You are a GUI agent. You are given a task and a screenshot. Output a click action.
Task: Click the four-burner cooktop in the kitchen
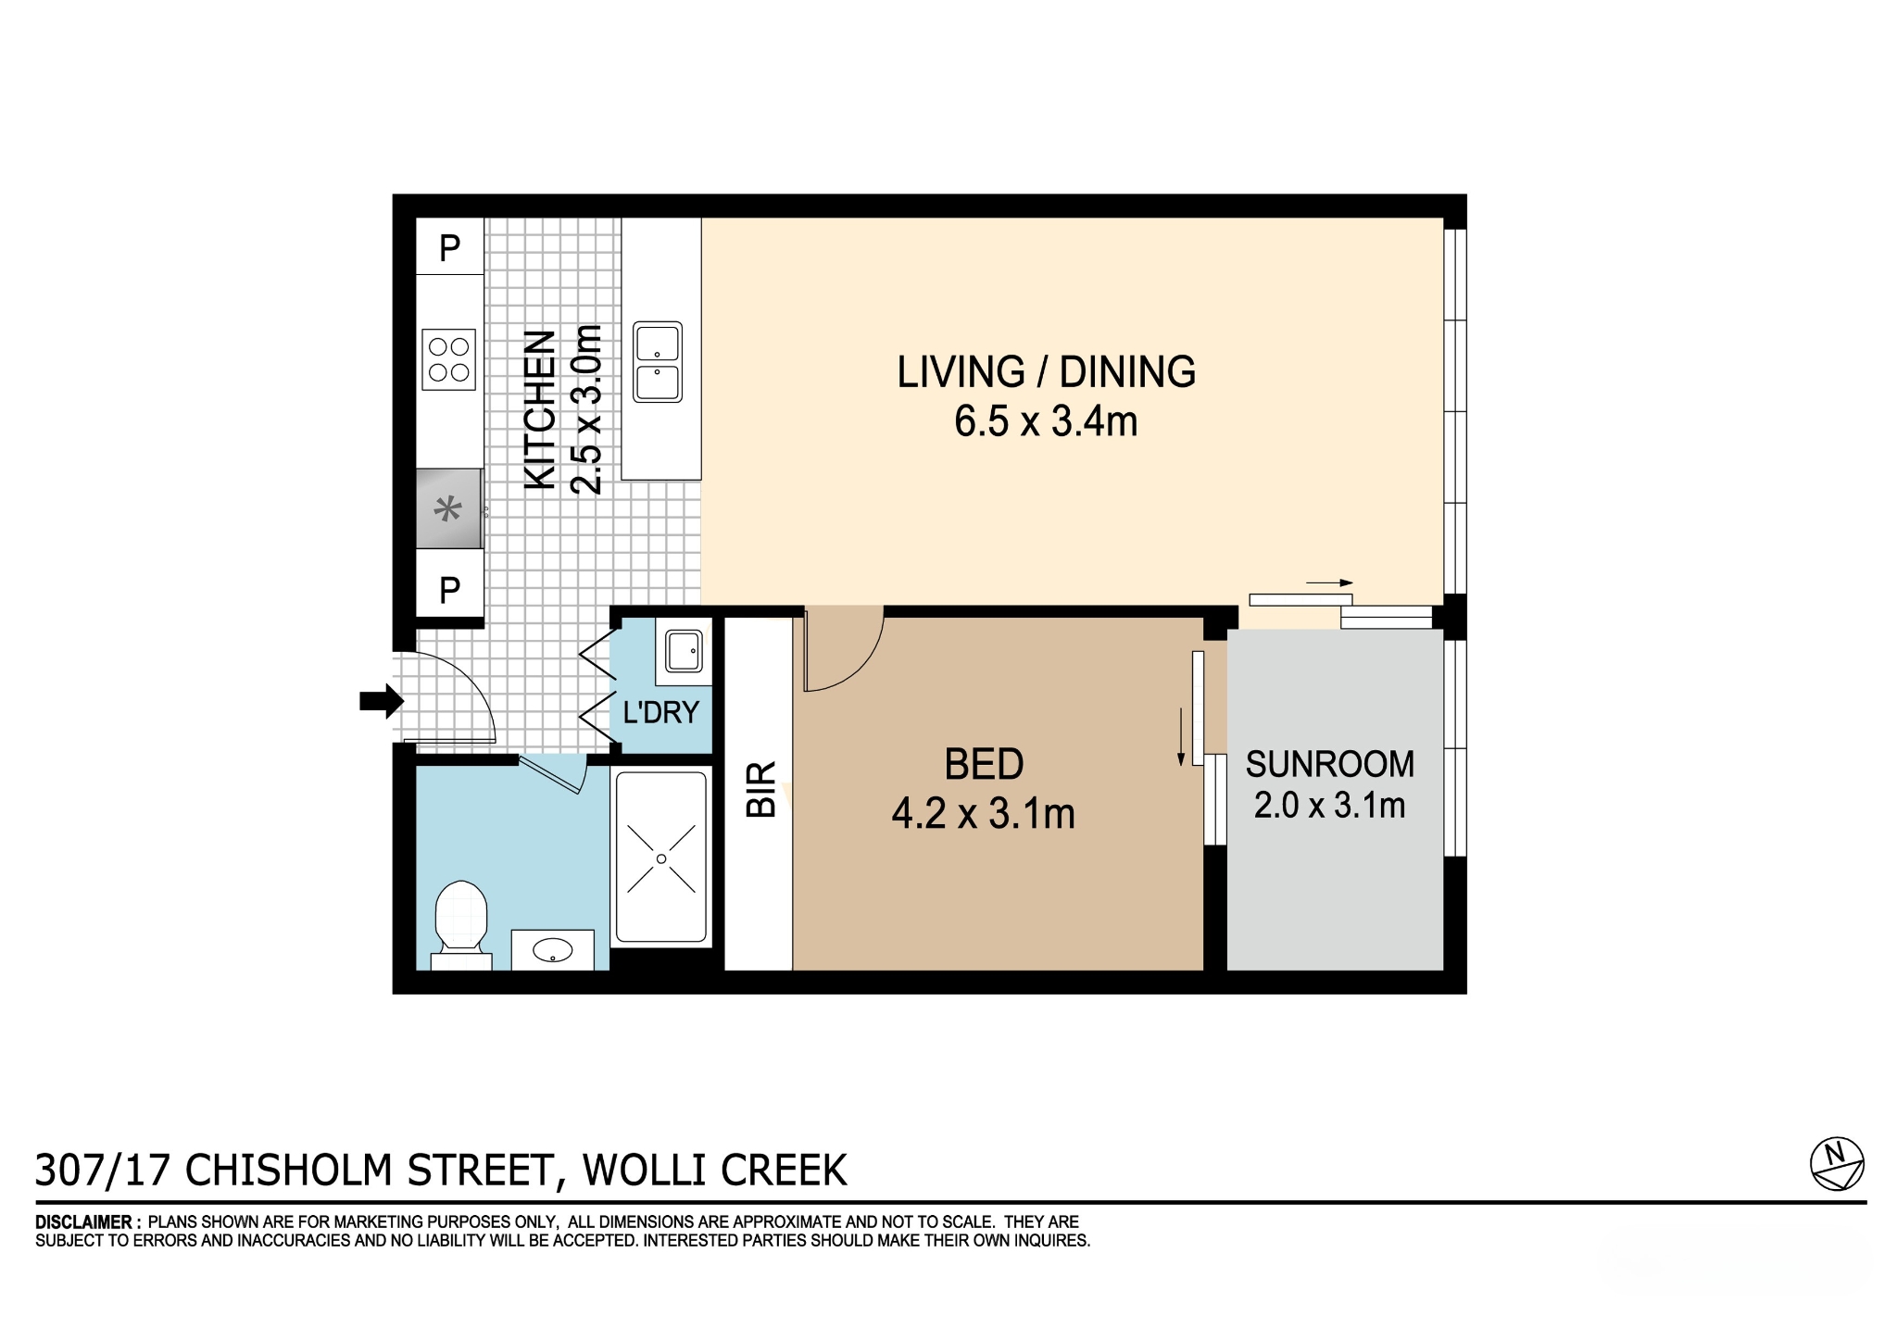449,359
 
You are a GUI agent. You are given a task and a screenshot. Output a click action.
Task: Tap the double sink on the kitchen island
658,362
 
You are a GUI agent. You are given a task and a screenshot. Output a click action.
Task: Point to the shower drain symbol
661,859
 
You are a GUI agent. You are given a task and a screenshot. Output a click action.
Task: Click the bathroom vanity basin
553,949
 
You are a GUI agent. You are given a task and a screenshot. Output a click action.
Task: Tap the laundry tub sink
684,650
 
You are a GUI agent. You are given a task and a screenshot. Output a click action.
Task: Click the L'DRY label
660,712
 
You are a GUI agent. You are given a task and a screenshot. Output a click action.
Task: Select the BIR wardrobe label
760,789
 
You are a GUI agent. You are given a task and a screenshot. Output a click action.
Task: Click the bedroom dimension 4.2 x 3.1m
983,814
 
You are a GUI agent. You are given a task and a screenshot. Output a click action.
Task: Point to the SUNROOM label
1329,764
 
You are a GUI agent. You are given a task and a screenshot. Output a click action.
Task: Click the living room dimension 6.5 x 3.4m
1046,421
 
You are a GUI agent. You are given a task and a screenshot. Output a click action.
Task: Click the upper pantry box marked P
449,247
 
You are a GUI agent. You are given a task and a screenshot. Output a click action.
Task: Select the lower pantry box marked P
449,588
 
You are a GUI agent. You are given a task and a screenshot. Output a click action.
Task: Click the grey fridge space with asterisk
448,509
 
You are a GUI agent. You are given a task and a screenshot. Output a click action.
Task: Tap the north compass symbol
1836,1163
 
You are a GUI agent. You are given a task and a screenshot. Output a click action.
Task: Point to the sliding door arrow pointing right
1329,583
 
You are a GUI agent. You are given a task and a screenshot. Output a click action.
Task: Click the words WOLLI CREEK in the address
714,1171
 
